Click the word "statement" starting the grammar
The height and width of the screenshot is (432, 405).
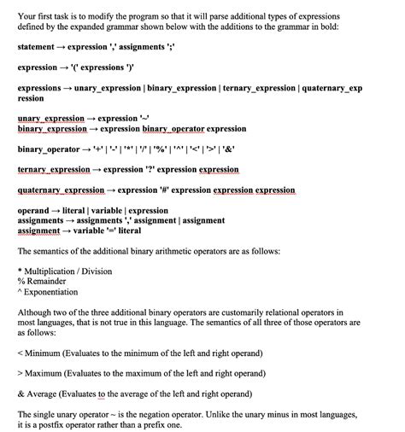click(x=38, y=47)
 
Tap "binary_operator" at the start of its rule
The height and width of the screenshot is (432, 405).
click(x=53, y=149)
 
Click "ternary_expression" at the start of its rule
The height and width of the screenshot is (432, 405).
click(x=54, y=170)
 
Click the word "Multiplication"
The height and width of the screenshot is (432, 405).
click(x=55, y=271)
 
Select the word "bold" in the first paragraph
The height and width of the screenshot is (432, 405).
click(x=350, y=26)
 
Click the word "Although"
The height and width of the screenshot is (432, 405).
click(x=35, y=312)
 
